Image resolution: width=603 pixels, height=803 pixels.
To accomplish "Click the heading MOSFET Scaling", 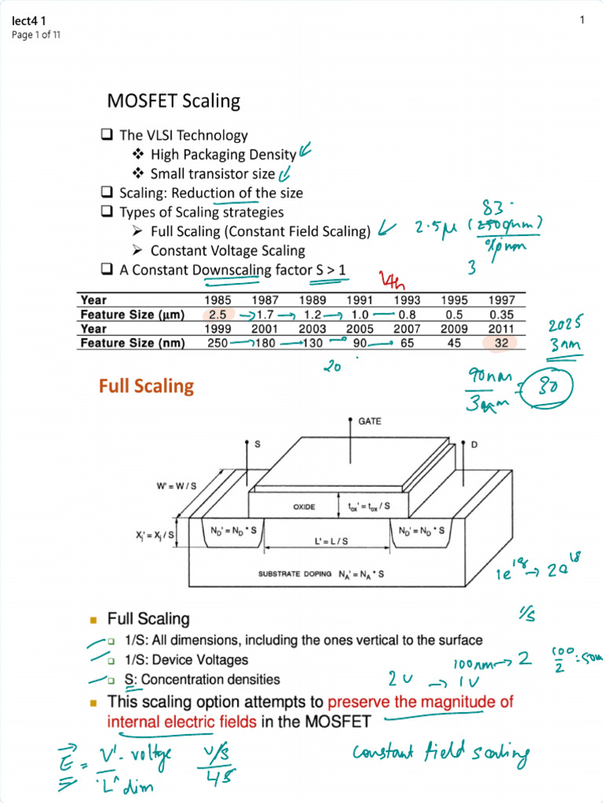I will coord(174,101).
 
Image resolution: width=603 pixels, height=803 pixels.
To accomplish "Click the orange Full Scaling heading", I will coord(146,386).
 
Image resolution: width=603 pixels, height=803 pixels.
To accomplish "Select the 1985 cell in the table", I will coord(217,300).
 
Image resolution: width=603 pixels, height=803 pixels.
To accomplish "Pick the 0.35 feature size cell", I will coord(502,314).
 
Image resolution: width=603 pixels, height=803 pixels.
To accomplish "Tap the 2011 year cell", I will coord(502,329).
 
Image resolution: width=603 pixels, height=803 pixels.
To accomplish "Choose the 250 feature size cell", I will coord(217,343).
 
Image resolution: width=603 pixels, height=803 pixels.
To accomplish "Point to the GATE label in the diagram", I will coord(370,421).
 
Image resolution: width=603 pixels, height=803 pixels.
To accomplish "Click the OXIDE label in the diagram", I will coord(305,507).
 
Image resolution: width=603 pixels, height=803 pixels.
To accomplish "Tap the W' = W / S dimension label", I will coord(176,486).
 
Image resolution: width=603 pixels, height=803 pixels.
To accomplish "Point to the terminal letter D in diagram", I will coord(474,445).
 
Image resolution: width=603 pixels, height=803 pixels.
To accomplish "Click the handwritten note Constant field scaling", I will coord(440,754).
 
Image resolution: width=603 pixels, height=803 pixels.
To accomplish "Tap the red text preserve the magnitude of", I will coord(421,702).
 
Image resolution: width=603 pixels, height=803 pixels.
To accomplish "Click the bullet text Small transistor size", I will coord(213,174).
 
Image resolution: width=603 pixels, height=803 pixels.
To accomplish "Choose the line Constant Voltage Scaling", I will coord(228,251).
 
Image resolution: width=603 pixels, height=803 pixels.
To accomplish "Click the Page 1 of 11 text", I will coord(36,35).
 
